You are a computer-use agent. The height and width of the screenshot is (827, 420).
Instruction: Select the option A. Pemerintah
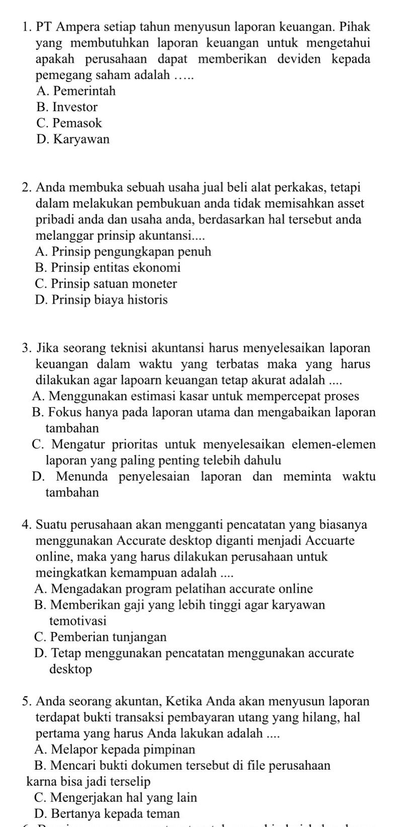click(76, 91)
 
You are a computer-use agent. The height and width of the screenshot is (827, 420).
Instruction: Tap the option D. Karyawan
click(73, 139)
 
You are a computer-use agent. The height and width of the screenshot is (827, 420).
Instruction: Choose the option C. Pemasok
click(69, 123)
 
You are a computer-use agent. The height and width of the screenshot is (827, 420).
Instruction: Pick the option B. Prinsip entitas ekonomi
click(108, 267)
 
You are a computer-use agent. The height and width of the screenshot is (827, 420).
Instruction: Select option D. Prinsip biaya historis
click(102, 300)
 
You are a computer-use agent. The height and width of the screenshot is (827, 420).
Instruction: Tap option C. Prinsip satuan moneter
click(107, 284)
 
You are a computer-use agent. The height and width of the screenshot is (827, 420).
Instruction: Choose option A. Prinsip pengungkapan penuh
click(124, 251)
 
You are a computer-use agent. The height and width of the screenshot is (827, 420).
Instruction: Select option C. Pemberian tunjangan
click(101, 637)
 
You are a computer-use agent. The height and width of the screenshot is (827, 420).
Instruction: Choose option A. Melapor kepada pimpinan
click(115, 749)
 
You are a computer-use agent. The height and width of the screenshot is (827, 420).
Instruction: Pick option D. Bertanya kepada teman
click(108, 813)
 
